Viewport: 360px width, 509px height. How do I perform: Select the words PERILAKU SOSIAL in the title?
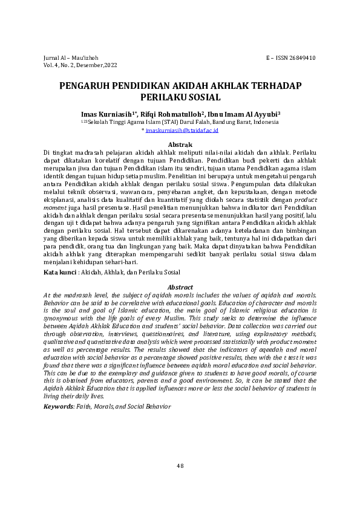[x=180, y=97]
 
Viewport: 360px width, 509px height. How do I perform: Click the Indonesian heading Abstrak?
[x=180, y=145]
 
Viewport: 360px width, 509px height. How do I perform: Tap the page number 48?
[x=180, y=465]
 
